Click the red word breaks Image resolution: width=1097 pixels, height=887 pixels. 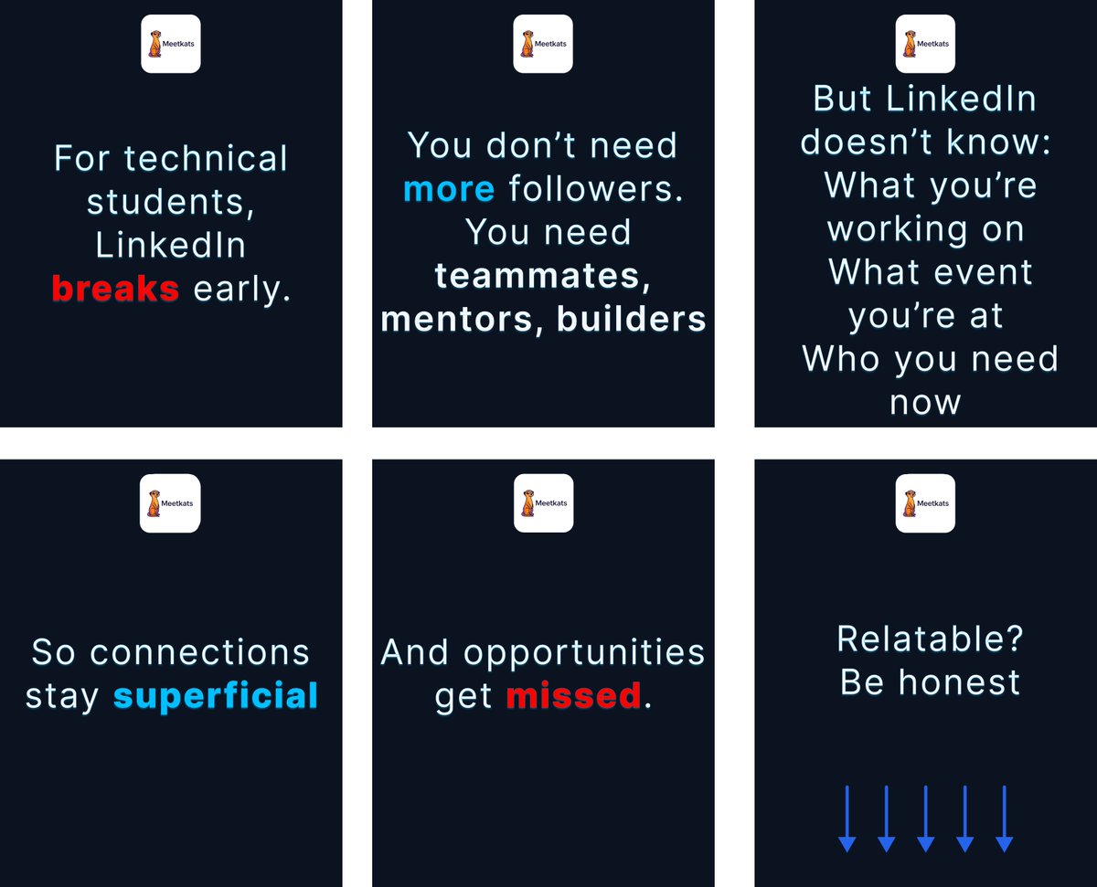pyautogui.click(x=115, y=289)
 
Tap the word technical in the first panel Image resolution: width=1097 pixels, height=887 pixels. pyautogui.click(x=206, y=158)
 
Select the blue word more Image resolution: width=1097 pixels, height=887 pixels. pyautogui.click(x=449, y=189)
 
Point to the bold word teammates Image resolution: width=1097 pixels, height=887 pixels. pyautogui.click(x=543, y=275)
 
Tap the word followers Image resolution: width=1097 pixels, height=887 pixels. pyautogui.click(x=596, y=189)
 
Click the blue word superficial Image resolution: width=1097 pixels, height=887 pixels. pyautogui.click(x=216, y=696)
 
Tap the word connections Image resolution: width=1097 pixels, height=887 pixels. pyautogui.click(x=200, y=652)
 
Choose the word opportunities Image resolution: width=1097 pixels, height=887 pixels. pyautogui.click(x=584, y=652)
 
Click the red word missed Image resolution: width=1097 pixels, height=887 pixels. pyautogui.click(x=574, y=696)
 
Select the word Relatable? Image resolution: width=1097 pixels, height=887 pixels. pyautogui.click(x=931, y=639)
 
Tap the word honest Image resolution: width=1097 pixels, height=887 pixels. pyautogui.click(x=963, y=682)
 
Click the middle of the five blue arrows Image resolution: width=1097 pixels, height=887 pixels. pyautogui.click(x=925, y=818)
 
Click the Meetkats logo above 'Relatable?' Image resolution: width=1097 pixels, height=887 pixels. pyautogui.click(x=925, y=503)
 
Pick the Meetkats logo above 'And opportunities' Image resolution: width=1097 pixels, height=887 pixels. pyautogui.click(x=544, y=503)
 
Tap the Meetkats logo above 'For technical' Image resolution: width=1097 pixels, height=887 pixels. pyautogui.click(x=171, y=44)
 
